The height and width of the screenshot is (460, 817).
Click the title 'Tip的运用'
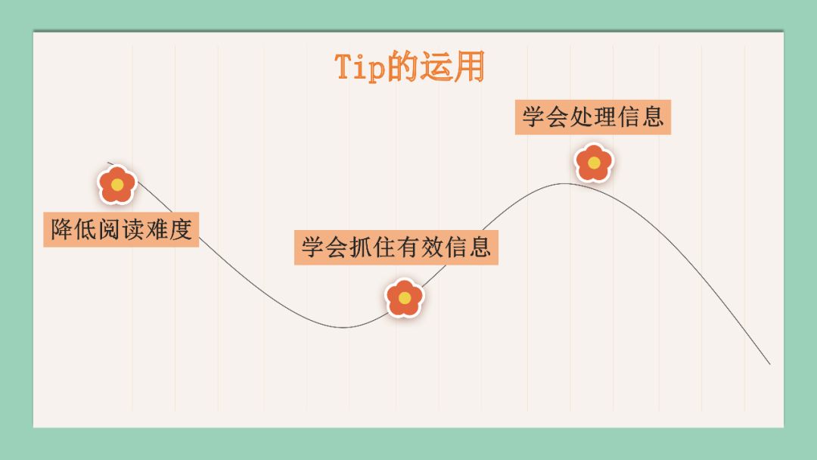[x=409, y=67]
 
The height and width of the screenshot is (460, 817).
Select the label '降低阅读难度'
[x=121, y=229]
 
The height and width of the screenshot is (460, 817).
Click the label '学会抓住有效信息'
[x=396, y=247]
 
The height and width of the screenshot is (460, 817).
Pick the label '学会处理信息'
[x=592, y=117]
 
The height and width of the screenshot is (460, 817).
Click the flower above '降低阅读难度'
[x=117, y=185]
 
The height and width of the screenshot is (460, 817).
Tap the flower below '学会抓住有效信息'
[x=405, y=297]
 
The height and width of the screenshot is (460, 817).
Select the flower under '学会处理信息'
[x=594, y=163]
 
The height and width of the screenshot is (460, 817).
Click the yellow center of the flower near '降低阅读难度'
[x=117, y=185]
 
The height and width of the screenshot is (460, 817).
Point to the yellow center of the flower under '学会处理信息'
[x=594, y=163]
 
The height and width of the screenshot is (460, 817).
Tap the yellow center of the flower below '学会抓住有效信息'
[x=405, y=298]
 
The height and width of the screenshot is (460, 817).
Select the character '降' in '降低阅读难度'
[x=61, y=229]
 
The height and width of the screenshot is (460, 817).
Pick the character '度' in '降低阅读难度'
[x=180, y=229]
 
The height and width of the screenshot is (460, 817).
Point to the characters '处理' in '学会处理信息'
[x=593, y=117]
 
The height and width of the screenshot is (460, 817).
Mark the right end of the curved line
[x=769, y=364]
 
